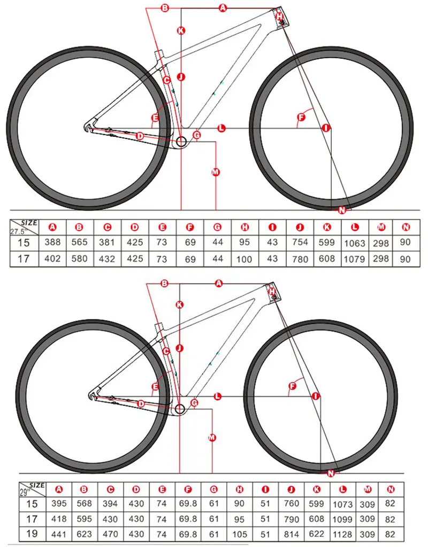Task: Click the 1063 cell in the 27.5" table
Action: pos(354,243)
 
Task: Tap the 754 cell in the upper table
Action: pos(300,243)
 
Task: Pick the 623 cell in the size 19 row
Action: pos(84,534)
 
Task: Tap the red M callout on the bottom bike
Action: pos(212,437)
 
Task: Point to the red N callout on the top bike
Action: pos(342,209)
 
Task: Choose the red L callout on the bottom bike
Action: pos(218,396)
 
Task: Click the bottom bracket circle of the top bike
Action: pos(180,142)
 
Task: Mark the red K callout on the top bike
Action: pos(181,30)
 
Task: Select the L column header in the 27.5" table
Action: pos(354,227)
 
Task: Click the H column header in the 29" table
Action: pos(240,489)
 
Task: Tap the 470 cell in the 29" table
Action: pos(110,534)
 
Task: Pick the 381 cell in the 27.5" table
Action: pos(108,243)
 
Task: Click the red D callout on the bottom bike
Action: pos(141,404)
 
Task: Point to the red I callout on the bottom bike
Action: pos(315,396)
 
